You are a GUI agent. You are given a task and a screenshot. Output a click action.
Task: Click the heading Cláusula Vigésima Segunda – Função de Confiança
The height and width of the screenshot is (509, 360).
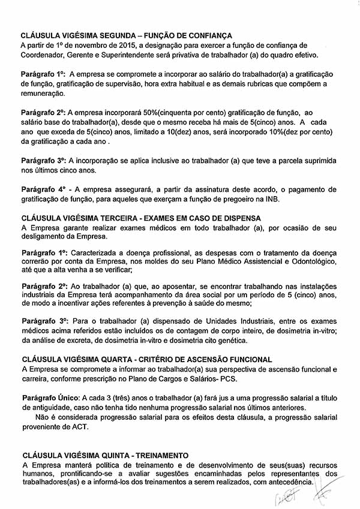(x=126, y=35)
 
